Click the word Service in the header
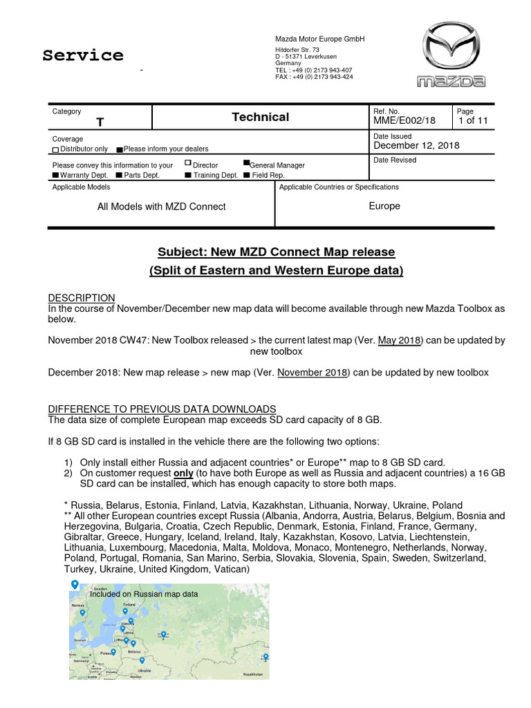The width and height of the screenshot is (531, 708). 83,55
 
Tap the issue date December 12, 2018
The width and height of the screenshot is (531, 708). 416,145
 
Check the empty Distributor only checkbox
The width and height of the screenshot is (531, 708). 55,149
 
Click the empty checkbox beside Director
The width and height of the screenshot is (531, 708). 188,163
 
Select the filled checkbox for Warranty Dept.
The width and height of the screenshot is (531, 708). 55,176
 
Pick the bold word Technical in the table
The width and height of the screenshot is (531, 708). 261,117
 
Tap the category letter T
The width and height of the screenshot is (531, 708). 100,122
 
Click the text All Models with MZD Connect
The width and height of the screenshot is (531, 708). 162,206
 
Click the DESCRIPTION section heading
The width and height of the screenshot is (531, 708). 82,297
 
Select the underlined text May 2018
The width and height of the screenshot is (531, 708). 398,340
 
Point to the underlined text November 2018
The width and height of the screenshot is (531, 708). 313,372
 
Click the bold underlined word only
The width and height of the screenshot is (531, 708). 183,473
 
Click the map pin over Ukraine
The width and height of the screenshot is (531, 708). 142,661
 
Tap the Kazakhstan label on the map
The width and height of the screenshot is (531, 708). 253,673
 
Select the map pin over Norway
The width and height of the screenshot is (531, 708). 82,613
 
